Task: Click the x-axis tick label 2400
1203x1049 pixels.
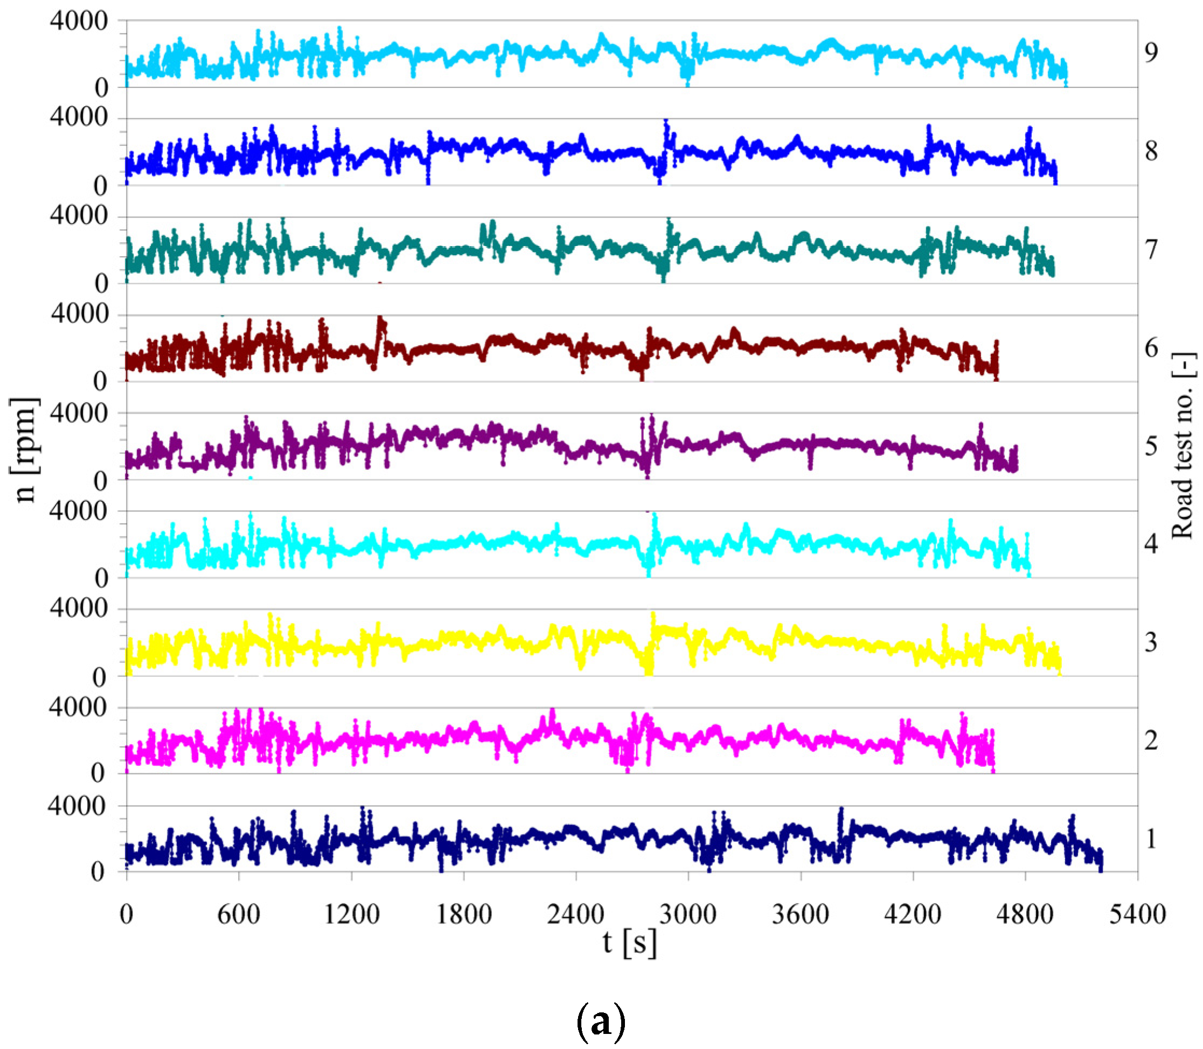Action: pos(575,914)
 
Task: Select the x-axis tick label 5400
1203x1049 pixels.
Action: pos(1137,914)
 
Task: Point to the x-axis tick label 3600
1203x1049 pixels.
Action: pos(800,914)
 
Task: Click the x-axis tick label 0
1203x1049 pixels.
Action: pos(127,914)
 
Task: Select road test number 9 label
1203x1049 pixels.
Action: pos(1151,53)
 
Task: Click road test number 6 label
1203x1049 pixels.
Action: pos(1151,348)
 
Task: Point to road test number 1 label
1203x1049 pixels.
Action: pos(1151,839)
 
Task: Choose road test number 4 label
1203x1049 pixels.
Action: pos(1151,544)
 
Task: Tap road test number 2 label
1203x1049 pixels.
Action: pos(1151,741)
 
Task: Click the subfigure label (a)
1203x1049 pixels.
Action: pos(601,1022)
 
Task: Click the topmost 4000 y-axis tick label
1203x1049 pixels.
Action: pos(79,21)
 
